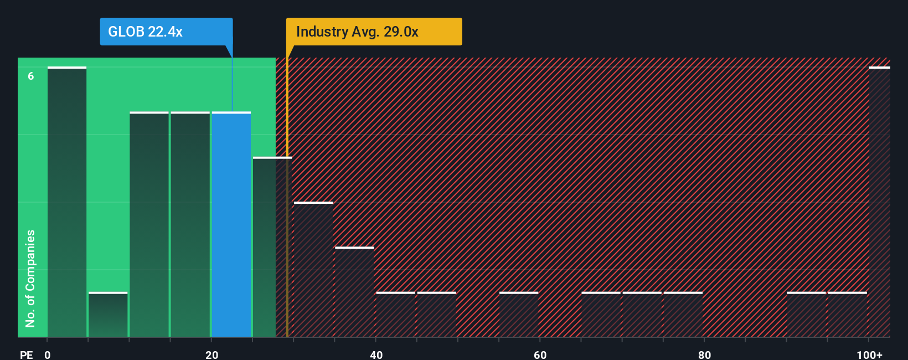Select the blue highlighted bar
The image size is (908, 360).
231,224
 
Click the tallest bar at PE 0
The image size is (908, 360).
67,202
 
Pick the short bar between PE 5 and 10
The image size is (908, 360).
108,315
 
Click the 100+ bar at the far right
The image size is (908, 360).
879,202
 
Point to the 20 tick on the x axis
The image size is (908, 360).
211,354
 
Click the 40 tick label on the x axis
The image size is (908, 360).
376,354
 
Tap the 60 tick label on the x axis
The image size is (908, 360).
540,354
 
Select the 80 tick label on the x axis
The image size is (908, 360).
704,354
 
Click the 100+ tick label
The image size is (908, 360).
869,354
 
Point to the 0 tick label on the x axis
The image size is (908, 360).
48,354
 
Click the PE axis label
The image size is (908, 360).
26,354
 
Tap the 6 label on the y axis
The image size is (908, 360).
31,76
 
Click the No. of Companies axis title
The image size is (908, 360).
30,278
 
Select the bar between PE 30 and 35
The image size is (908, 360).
313,269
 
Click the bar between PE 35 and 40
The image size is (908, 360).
354,292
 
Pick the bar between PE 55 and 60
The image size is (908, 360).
519,315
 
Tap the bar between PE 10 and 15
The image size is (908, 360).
149,224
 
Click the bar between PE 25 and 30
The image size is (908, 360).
271,247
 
